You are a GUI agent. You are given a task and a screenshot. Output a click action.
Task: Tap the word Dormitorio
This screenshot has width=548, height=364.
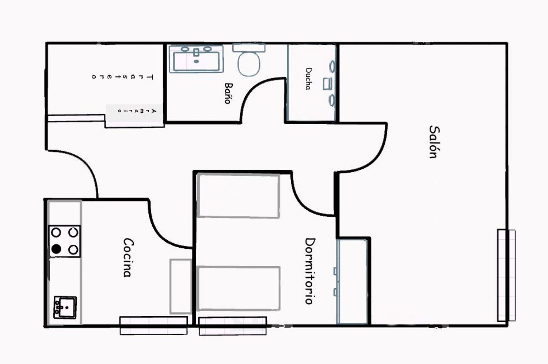pyautogui.click(x=310, y=271)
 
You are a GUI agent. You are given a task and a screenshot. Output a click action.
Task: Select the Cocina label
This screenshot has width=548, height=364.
pyautogui.click(x=128, y=257)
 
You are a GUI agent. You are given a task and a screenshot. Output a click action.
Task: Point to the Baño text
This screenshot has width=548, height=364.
pyautogui.click(x=228, y=93)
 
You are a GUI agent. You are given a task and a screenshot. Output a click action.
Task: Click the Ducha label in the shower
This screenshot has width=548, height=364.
pyautogui.click(x=309, y=79)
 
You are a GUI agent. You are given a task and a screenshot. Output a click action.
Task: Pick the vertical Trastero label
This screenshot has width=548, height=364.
pyautogui.click(x=122, y=77)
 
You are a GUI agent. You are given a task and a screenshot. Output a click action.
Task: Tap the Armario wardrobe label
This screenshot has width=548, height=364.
pyautogui.click(x=137, y=111)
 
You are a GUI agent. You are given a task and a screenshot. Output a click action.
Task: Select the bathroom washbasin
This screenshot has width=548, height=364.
pyautogui.click(x=196, y=59)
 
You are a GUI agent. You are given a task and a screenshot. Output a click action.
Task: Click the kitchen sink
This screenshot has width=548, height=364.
pyautogui.click(x=65, y=307)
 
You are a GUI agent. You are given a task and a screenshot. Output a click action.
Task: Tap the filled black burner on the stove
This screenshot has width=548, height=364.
pyautogui.click(x=56, y=249)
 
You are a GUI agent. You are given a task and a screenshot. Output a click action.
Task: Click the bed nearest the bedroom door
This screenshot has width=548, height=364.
pyautogui.click(x=238, y=195)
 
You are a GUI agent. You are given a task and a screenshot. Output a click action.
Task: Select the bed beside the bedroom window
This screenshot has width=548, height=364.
pyautogui.click(x=238, y=289)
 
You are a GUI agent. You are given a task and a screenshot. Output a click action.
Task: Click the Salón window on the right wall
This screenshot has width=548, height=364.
pyautogui.click(x=506, y=275)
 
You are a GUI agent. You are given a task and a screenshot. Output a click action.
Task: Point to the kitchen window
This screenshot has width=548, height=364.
pyautogui.click(x=154, y=326)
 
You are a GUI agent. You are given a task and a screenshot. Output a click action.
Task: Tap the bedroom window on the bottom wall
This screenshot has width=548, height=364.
pyautogui.click(x=233, y=326)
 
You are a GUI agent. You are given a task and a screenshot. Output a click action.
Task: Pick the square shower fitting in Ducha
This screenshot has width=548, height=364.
pyautogui.click(x=327, y=84)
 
